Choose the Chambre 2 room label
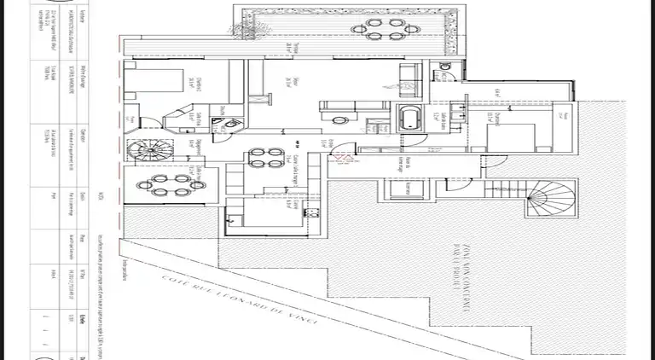click(192, 82)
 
